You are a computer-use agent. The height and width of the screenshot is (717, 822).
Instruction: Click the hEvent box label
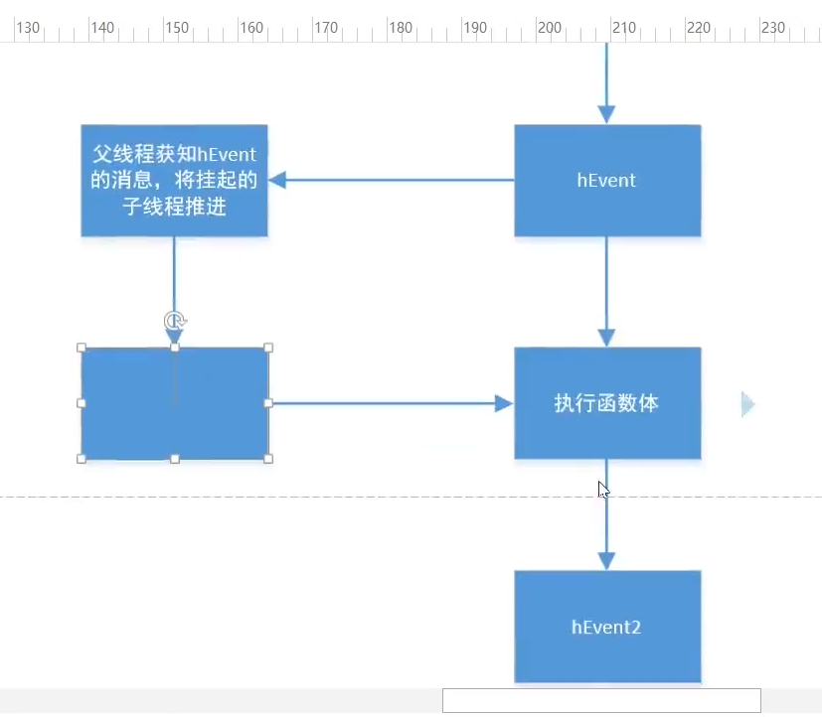pyautogui.click(x=606, y=181)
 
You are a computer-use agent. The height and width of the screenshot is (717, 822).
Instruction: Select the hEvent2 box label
pyautogui.click(x=606, y=627)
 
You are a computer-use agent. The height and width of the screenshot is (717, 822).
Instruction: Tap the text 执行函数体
pyautogui.click(x=606, y=403)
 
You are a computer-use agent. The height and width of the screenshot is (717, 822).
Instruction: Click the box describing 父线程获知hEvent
pyautogui.click(x=174, y=180)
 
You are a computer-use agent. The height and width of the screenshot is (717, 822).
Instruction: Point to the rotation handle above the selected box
pyautogui.click(x=175, y=320)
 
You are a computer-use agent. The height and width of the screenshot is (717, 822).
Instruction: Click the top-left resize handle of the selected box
pyautogui.click(x=82, y=349)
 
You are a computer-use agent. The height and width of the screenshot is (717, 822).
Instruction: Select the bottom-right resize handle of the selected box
pyautogui.click(x=268, y=458)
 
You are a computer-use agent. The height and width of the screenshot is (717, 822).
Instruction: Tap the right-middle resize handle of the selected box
pyautogui.click(x=268, y=403)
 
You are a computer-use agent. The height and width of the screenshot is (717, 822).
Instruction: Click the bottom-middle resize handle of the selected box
pyautogui.click(x=175, y=458)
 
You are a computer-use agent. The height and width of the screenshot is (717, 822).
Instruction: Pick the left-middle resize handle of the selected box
pyautogui.click(x=82, y=403)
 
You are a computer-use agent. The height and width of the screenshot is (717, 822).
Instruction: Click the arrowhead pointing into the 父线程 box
pyautogui.click(x=277, y=180)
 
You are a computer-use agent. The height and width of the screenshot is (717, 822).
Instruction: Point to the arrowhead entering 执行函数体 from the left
pyautogui.click(x=504, y=403)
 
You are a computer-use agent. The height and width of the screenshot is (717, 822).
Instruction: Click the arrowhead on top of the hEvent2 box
pyautogui.click(x=606, y=561)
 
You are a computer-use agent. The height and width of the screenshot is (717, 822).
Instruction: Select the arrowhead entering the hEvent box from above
pyautogui.click(x=606, y=114)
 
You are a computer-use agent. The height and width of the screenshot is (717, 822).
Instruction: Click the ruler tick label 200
pyautogui.click(x=550, y=28)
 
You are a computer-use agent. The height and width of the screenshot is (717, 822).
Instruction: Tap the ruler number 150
pyautogui.click(x=177, y=28)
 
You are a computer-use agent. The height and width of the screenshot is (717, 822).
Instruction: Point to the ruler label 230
pyautogui.click(x=773, y=28)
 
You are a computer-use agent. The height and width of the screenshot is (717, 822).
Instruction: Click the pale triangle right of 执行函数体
pyautogui.click(x=747, y=403)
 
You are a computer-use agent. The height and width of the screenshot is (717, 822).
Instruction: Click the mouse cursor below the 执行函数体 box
pyautogui.click(x=602, y=490)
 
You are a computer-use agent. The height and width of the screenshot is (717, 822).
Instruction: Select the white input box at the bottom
pyautogui.click(x=601, y=700)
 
